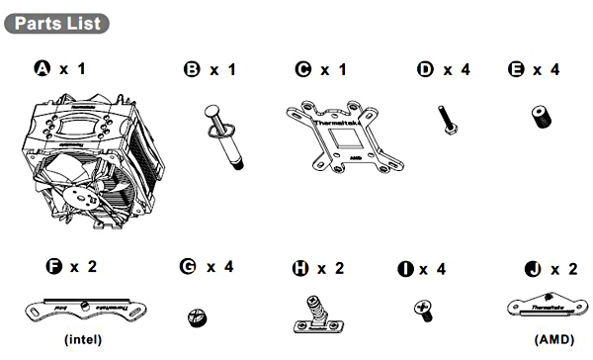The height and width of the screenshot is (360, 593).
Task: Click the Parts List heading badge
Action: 57,21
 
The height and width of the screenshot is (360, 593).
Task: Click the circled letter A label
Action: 42,69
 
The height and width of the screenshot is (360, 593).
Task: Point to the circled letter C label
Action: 303,69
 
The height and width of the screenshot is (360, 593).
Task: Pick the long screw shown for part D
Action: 445,122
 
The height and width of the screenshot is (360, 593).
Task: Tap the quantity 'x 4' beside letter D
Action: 457,69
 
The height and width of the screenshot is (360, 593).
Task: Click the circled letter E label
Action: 515,69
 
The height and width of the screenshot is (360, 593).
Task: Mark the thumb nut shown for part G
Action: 196,317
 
